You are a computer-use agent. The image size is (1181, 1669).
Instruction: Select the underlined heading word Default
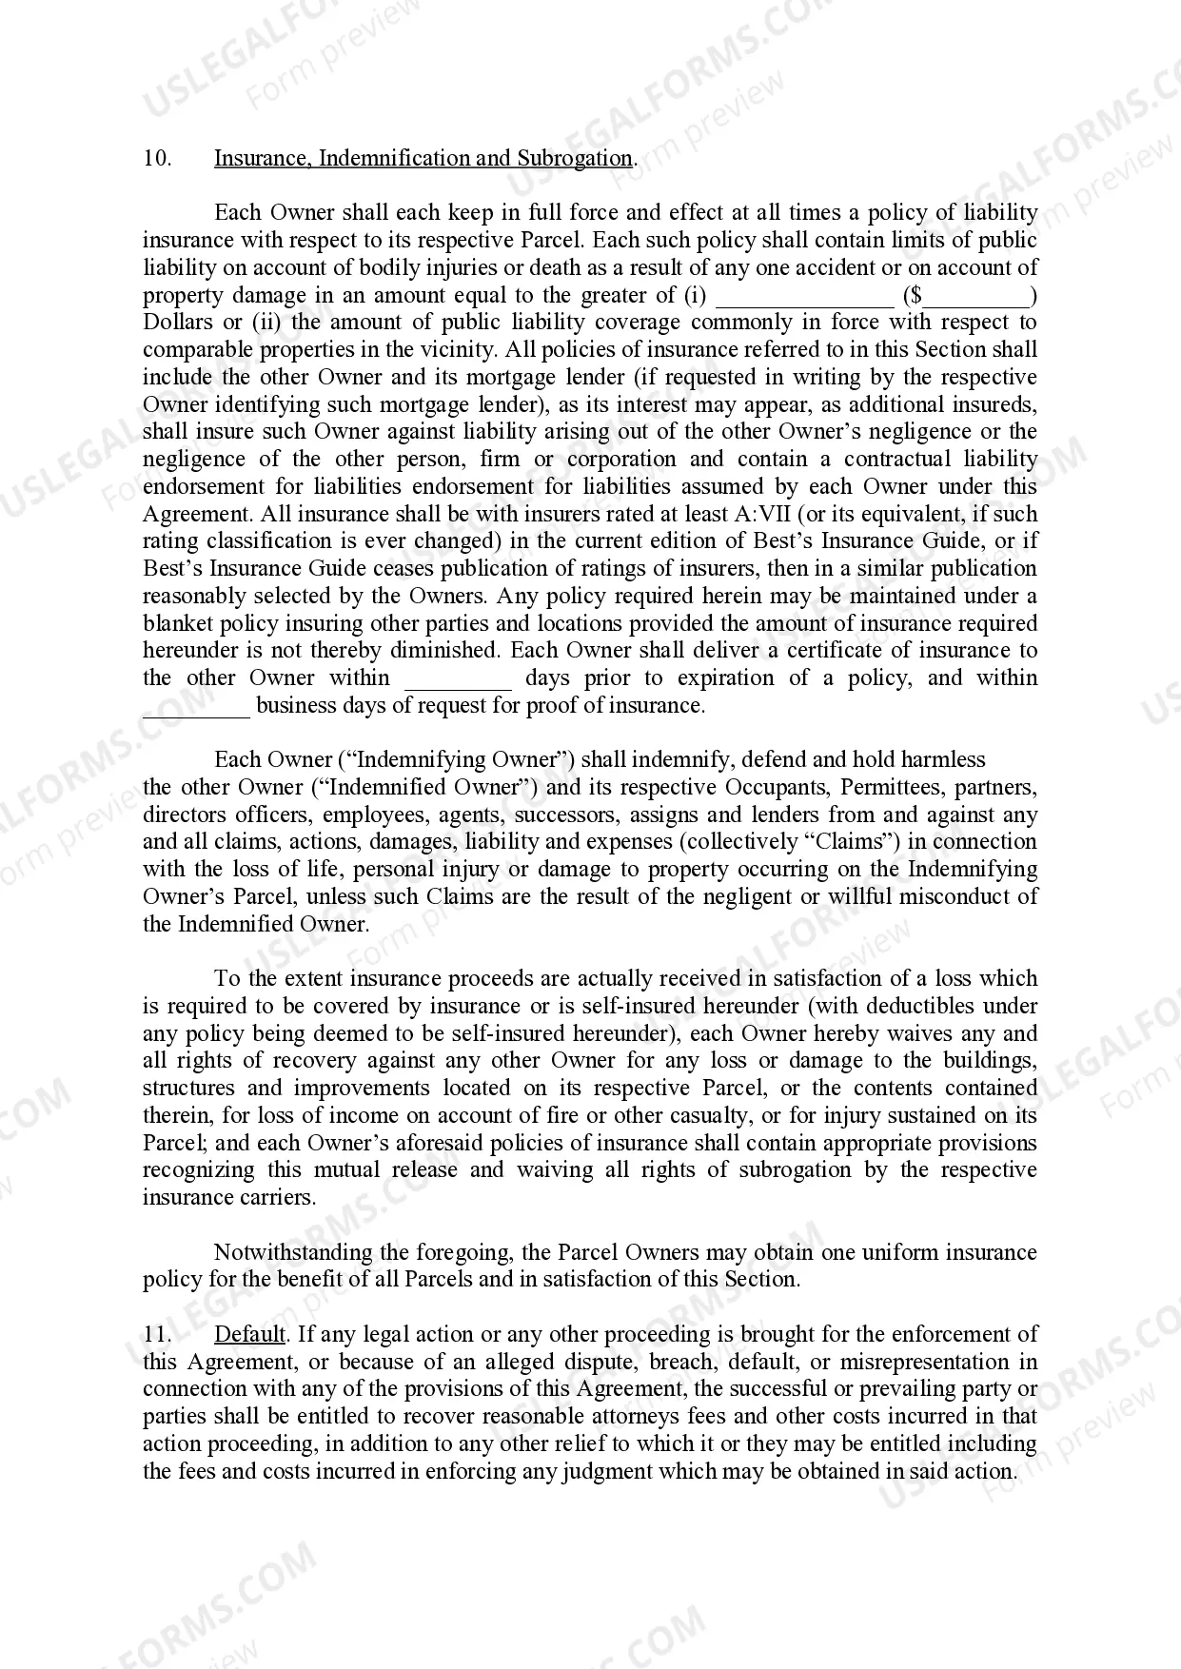coord(249,1334)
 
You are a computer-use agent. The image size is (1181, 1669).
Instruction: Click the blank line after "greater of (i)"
coord(804,297)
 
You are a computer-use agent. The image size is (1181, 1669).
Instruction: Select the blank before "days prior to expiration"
coord(458,680)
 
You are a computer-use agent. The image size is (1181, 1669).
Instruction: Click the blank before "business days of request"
coord(196,708)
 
